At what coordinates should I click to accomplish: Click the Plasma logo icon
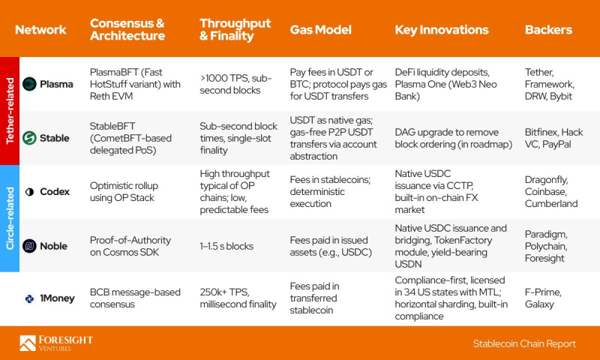pyautogui.click(x=29, y=84)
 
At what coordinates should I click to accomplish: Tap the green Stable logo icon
pyautogui.click(x=29, y=138)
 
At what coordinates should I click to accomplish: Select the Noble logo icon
pyautogui.click(x=29, y=246)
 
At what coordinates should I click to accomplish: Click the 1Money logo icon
pyautogui.click(x=29, y=298)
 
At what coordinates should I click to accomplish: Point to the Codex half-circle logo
pyautogui.click(x=29, y=192)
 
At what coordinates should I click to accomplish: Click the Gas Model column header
pyautogui.click(x=321, y=30)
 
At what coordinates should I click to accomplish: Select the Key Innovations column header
pyautogui.click(x=442, y=30)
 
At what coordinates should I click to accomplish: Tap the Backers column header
pyautogui.click(x=548, y=30)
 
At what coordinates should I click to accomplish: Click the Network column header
pyautogui.click(x=40, y=30)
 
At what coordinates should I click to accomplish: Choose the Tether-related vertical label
pyautogui.click(x=10, y=111)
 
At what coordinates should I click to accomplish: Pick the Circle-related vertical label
pyautogui.click(x=10, y=218)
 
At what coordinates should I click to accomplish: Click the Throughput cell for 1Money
pyautogui.click(x=238, y=298)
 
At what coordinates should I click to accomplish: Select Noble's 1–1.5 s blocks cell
pyautogui.click(x=226, y=246)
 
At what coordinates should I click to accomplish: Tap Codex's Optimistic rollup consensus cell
pyautogui.click(x=124, y=192)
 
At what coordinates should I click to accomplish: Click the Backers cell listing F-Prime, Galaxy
pyautogui.click(x=543, y=298)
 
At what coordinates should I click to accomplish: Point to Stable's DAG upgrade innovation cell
pyautogui.click(x=454, y=138)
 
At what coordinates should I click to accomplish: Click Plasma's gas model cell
pyautogui.click(x=338, y=84)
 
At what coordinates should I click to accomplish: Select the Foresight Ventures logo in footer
pyautogui.click(x=56, y=343)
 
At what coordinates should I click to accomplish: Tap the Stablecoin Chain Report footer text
pyautogui.click(x=524, y=343)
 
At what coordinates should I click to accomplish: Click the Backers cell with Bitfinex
pyautogui.click(x=553, y=138)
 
